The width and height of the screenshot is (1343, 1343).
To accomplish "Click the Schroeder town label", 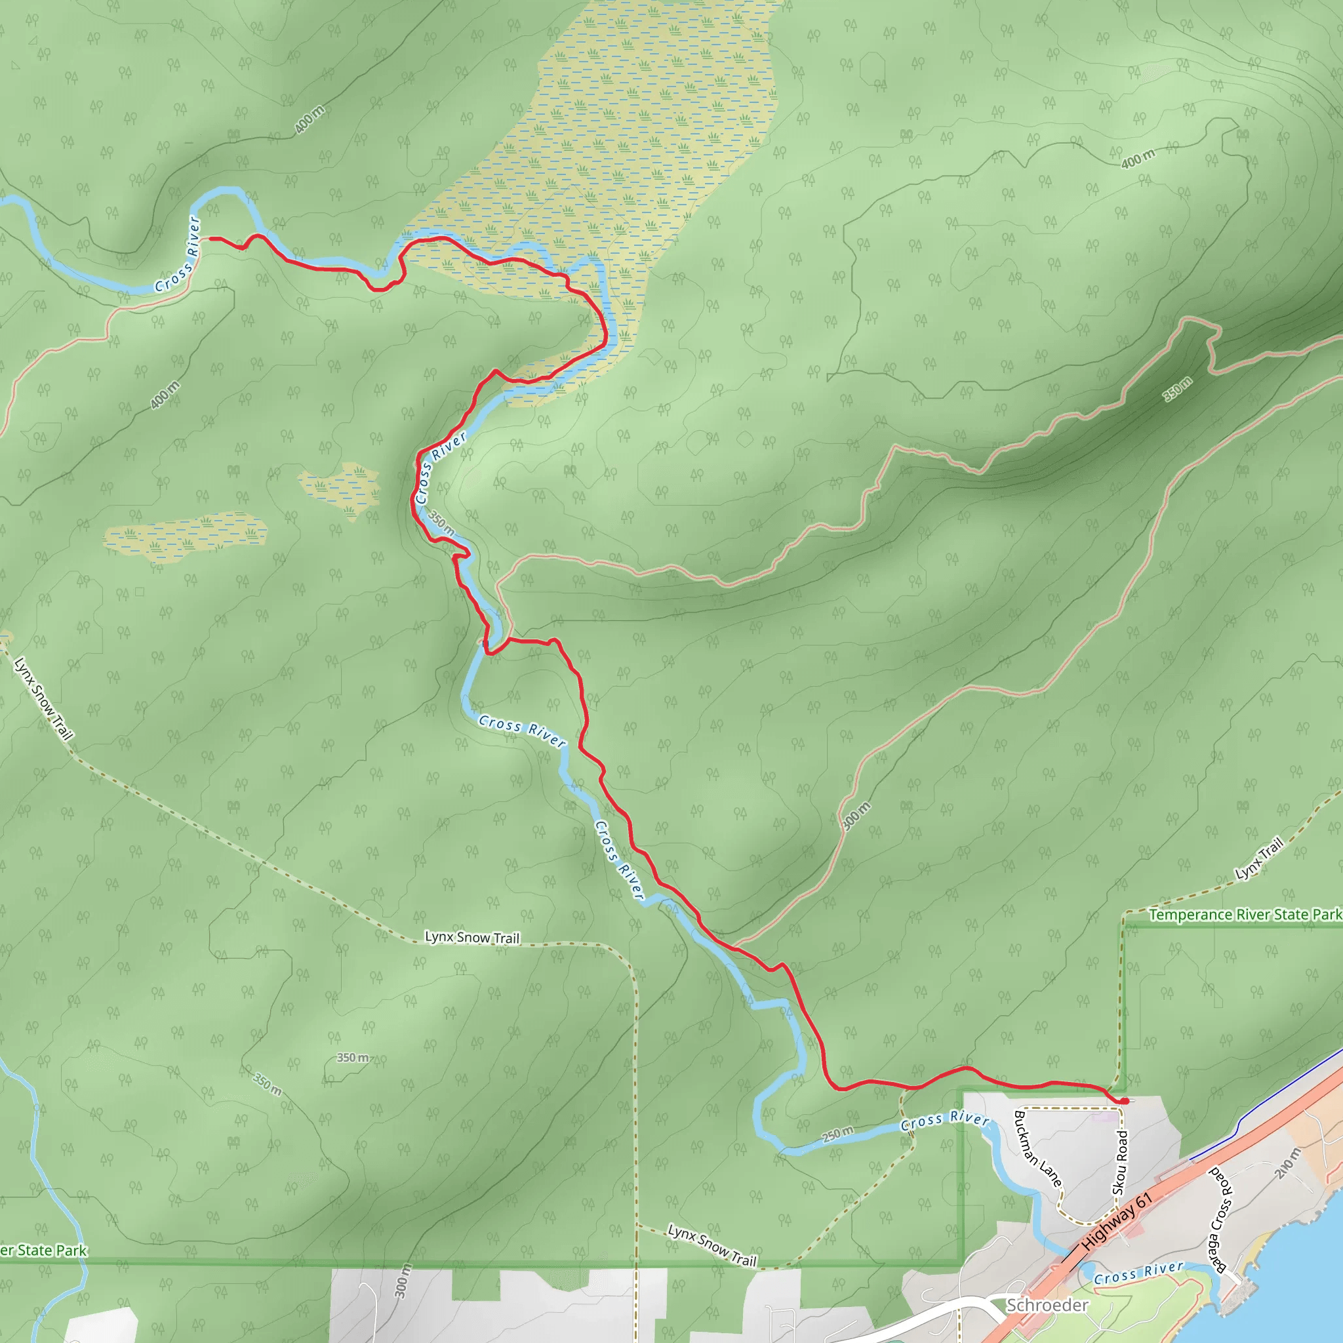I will (x=1047, y=1306).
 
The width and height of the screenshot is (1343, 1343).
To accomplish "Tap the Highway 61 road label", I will (x=1117, y=1220).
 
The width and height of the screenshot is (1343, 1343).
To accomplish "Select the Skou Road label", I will (x=1120, y=1162).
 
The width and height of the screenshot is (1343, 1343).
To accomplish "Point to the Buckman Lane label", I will (x=1037, y=1149).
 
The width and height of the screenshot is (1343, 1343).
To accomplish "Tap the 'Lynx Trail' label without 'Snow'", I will (x=1259, y=859).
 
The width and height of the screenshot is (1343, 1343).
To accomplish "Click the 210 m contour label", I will (x=1287, y=1164).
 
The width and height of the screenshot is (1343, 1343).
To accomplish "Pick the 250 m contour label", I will (x=837, y=1134).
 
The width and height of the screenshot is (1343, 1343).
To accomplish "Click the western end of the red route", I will (x=210, y=239).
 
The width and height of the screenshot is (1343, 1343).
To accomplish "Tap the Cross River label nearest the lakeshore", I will (x=1138, y=1273).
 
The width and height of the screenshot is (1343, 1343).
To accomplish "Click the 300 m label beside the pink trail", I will (x=856, y=816).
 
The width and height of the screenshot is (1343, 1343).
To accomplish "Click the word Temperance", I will (x=1184, y=915).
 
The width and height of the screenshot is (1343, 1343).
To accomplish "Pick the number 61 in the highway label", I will (x=1144, y=1201).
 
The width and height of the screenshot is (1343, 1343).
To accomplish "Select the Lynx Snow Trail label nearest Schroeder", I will (x=712, y=1246).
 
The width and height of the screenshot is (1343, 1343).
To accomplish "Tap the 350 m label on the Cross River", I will (x=441, y=523).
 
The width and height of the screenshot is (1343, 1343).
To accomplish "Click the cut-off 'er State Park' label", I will (x=43, y=1251).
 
